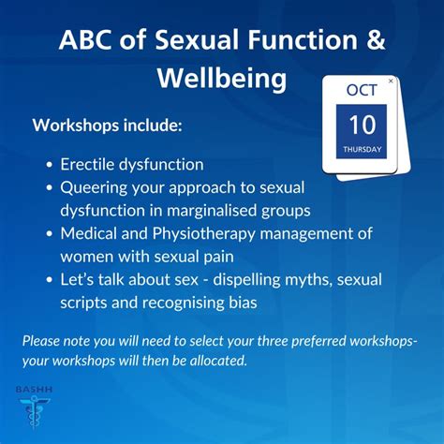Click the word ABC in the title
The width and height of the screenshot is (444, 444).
tap(85, 39)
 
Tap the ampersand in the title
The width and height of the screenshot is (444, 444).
tap(376, 39)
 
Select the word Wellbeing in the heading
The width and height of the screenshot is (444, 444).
tap(222, 78)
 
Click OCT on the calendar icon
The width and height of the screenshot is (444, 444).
tap(362, 90)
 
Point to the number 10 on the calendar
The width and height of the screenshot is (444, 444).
tap(363, 125)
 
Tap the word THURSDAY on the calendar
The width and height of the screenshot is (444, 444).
tap(363, 149)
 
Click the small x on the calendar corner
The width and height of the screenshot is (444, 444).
tap(391, 81)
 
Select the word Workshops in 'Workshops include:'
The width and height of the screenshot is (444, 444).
tap(76, 126)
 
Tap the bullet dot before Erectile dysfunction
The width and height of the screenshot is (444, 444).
tap(49, 165)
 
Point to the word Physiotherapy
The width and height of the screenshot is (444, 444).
tap(203, 234)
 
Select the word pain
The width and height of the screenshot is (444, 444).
tap(218, 257)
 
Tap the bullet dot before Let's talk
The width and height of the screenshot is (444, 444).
tap(49, 280)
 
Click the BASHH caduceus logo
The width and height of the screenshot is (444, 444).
tap(34, 409)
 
